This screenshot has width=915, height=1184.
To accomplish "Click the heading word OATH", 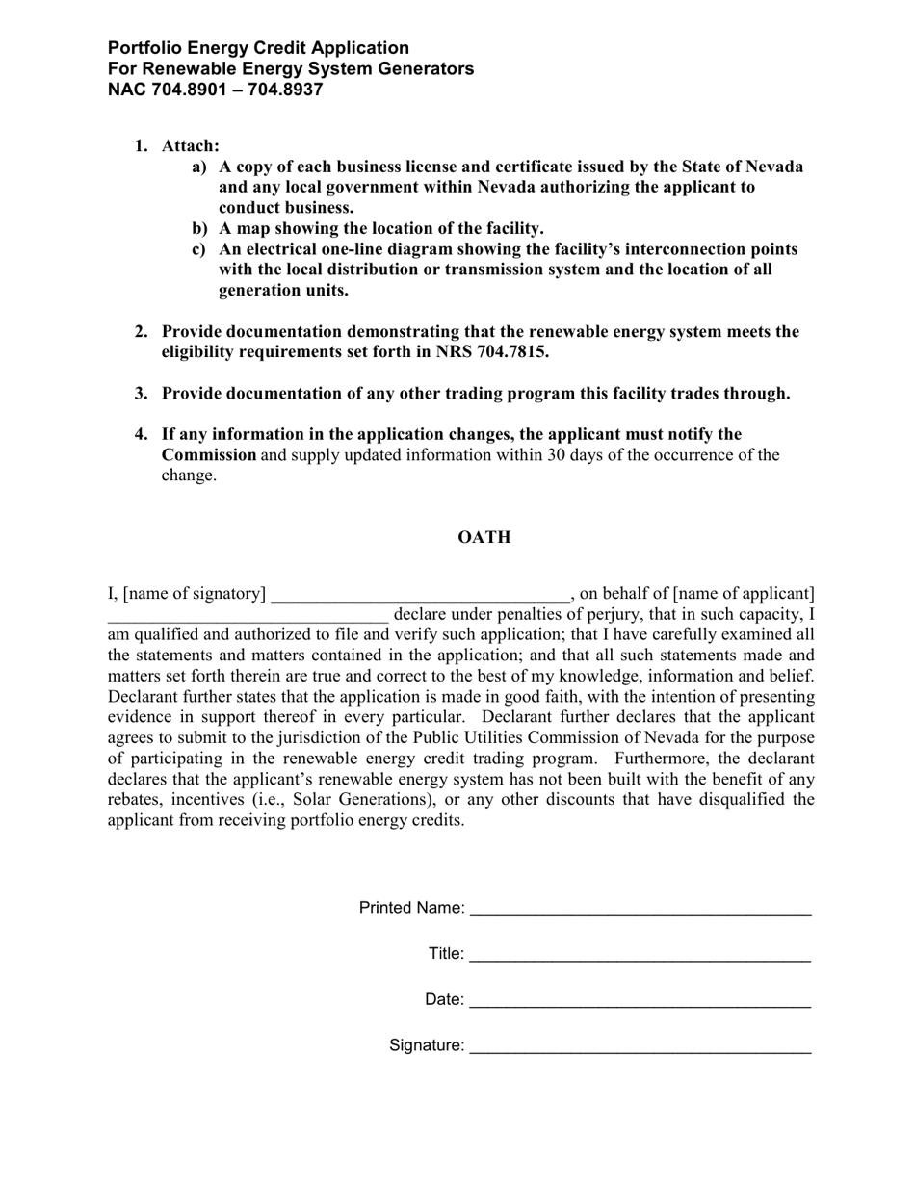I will point(484,537).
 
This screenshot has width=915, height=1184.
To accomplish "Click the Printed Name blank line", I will point(640,910).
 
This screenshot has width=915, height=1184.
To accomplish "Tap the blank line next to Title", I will point(640,956).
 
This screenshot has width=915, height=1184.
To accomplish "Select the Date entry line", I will point(640,1001).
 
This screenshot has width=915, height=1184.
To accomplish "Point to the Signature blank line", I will point(640,1047).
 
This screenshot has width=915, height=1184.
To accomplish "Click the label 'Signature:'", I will point(427,1045).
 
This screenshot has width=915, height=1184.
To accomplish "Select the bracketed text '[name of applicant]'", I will point(744,593).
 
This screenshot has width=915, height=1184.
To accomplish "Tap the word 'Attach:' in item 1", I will point(191,146).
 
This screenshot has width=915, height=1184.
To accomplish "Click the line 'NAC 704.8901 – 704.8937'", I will point(215,90).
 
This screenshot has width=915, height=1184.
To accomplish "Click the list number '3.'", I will point(142,394).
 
